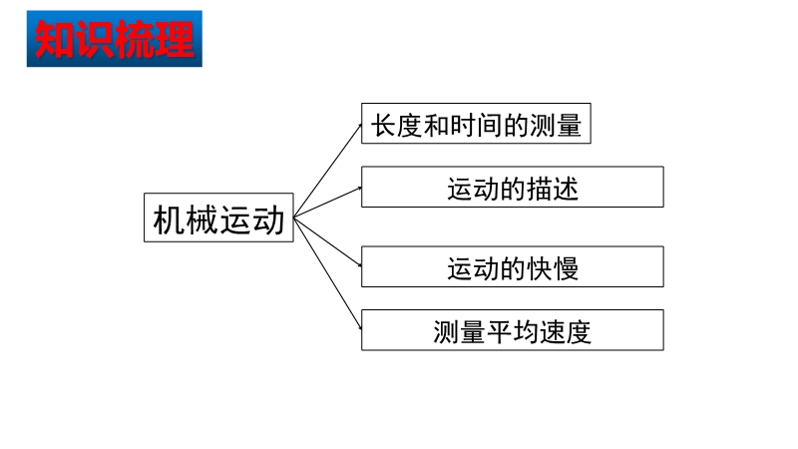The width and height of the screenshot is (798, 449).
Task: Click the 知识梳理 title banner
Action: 115,39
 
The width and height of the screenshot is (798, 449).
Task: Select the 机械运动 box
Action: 218,218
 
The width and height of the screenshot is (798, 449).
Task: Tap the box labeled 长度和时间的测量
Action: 476,123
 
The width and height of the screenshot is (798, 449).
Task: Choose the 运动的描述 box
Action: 513,187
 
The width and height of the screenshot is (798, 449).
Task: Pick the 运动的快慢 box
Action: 513,266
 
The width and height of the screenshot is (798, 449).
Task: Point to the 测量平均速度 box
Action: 513,330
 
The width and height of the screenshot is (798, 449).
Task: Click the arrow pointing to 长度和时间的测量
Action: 328,170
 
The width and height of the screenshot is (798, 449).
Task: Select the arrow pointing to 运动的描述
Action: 328,203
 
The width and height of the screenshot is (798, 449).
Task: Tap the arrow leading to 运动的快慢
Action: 328,241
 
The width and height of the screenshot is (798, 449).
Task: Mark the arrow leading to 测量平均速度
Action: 328,273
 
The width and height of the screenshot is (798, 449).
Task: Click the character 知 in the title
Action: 55,39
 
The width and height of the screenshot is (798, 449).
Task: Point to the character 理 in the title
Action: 174,39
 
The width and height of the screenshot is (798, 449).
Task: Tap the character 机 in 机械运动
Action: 169,220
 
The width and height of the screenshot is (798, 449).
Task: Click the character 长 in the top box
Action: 384,126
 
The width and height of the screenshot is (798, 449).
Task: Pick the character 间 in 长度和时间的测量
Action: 489,126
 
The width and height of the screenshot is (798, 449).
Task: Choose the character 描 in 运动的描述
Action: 539,189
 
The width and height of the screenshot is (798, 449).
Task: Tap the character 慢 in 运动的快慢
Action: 566,268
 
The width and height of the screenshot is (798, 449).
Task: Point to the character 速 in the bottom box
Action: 553,332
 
